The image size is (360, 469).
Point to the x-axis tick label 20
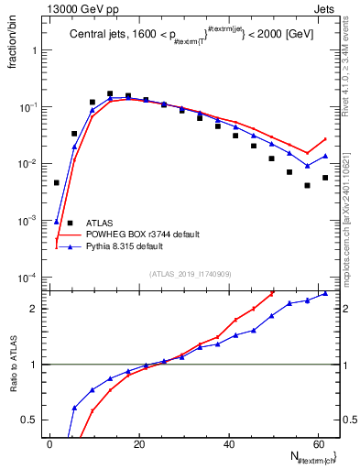tap(138, 443)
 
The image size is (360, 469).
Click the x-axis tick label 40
tap(228, 443)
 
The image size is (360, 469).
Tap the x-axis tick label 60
tap(317, 443)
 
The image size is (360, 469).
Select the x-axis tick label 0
tap(49, 443)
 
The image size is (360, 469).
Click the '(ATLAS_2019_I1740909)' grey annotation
tap(191, 274)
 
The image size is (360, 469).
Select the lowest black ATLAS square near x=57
tap(307, 185)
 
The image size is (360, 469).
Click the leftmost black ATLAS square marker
tap(57, 182)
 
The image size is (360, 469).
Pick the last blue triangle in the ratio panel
tap(325, 294)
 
